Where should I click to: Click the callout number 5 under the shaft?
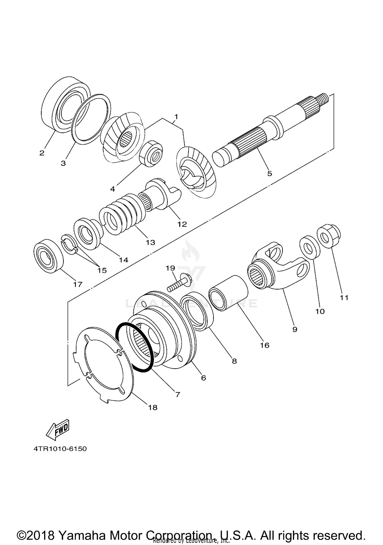(270, 174)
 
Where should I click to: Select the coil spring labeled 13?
(123, 214)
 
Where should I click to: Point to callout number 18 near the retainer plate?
(153, 407)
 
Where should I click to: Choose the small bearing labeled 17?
(49, 256)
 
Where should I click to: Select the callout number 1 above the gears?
(176, 117)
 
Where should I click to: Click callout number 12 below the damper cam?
(182, 224)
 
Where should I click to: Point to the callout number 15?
(102, 270)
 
